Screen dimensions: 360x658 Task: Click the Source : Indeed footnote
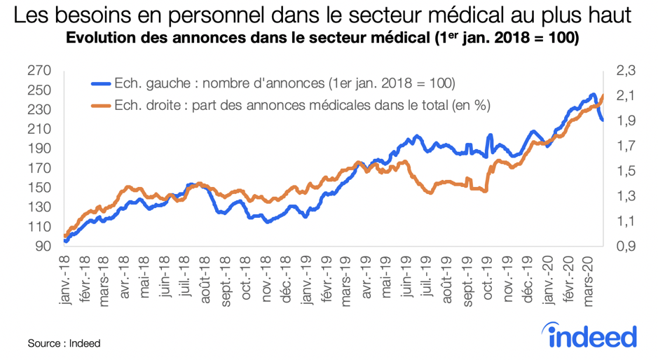point(64,343)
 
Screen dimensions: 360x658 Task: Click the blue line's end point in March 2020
point(603,120)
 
